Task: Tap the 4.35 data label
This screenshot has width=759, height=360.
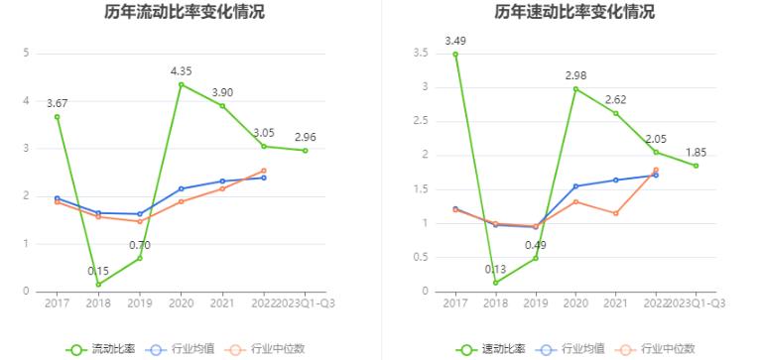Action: pyautogui.click(x=181, y=70)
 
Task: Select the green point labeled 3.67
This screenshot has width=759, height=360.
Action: pyautogui.click(x=57, y=117)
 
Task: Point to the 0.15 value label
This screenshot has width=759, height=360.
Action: pyautogui.click(x=98, y=271)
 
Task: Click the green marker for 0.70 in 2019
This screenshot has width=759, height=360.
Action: pyautogui.click(x=140, y=258)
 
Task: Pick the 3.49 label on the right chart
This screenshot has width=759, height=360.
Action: pyautogui.click(x=455, y=41)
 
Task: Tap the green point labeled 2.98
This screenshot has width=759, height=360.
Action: pyautogui.click(x=575, y=89)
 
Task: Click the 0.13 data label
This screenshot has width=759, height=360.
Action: pyautogui.click(x=495, y=269)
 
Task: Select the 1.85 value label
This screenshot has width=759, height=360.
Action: pyautogui.click(x=696, y=152)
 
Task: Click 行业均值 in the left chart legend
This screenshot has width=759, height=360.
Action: pyautogui.click(x=185, y=348)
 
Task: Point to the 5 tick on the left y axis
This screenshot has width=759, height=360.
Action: pyautogui.click(x=26, y=54)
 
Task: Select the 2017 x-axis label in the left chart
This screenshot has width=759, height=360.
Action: pyautogui.click(x=57, y=303)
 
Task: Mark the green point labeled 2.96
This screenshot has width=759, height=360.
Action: pyautogui.click(x=306, y=151)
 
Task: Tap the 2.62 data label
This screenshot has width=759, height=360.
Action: pyautogui.click(x=616, y=99)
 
